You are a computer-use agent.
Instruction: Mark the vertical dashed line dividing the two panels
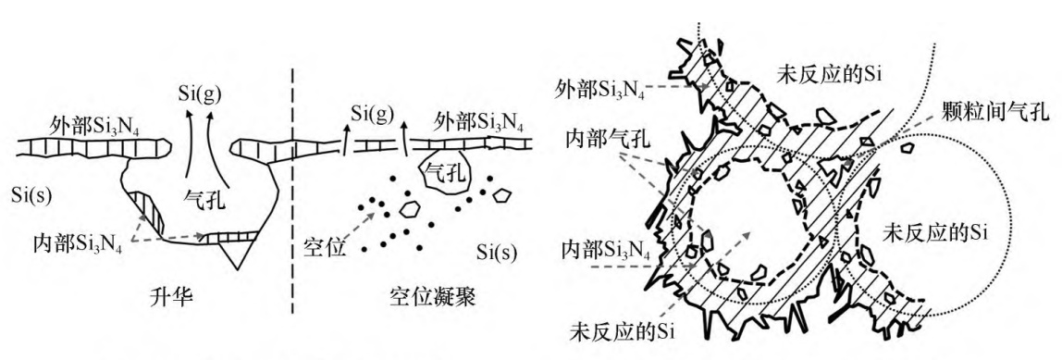click(x=292, y=190)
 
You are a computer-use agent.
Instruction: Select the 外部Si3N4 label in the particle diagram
click(x=598, y=88)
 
